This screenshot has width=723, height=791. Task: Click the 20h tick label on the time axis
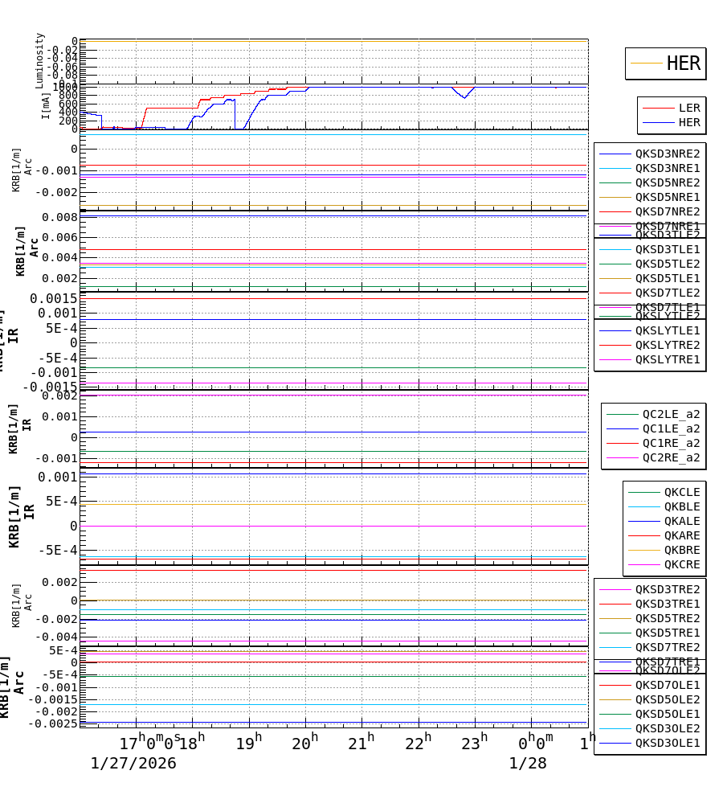pos(305,744)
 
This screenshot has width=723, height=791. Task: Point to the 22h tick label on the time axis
pos(418,744)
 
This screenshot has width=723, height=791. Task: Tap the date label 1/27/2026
pos(133,764)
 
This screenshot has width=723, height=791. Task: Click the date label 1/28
pos(527,764)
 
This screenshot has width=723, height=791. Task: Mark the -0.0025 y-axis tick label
pos(53,723)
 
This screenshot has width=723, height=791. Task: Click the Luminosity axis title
pos(39,60)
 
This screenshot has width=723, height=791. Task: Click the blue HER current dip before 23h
pos(464,97)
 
